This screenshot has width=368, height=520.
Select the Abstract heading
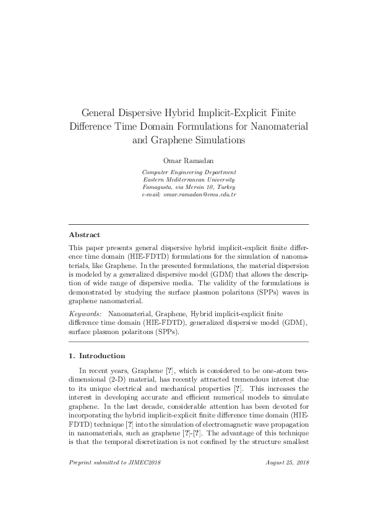84,235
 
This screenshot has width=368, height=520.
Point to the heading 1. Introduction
96,356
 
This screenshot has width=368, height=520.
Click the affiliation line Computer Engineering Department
189,172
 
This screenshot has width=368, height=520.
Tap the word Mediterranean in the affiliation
186,180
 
